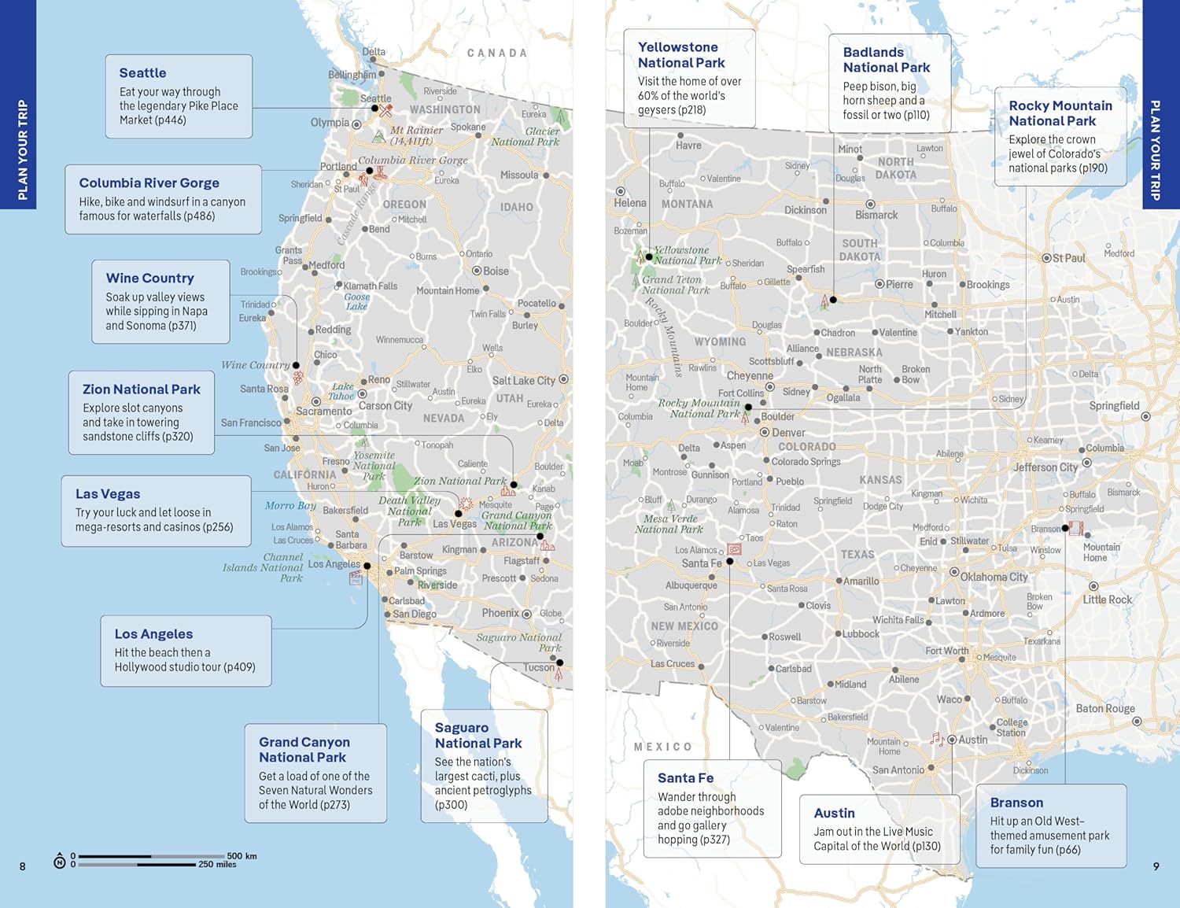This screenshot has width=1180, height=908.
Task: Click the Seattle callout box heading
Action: coord(142,73)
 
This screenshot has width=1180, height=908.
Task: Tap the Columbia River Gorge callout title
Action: coord(149,183)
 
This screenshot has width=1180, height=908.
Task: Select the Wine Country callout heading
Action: coord(149,279)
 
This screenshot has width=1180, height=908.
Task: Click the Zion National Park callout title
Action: coord(141,389)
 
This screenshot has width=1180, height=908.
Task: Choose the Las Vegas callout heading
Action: coord(108,494)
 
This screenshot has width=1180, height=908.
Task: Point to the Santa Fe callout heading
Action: coord(685,778)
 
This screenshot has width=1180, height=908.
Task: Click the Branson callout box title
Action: coord(1016,803)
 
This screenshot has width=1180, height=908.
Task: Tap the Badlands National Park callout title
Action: coord(886,60)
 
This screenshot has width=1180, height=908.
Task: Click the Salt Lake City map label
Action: coord(523,381)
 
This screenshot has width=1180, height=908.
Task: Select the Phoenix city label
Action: coord(500,613)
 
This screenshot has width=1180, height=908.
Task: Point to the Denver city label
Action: coord(787,433)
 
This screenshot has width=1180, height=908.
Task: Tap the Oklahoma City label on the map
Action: coord(994,577)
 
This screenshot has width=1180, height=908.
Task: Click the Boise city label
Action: coord(496,271)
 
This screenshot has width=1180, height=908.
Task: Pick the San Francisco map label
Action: coord(251,423)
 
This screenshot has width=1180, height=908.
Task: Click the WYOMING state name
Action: coord(720,341)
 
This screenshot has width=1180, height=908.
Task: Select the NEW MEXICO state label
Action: coord(684,626)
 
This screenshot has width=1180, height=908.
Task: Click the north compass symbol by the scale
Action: coord(59,862)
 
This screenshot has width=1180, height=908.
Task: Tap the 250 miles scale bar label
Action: coord(217,865)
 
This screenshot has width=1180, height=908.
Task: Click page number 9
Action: coord(1156,866)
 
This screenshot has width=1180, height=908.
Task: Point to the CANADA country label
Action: coord(496,54)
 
